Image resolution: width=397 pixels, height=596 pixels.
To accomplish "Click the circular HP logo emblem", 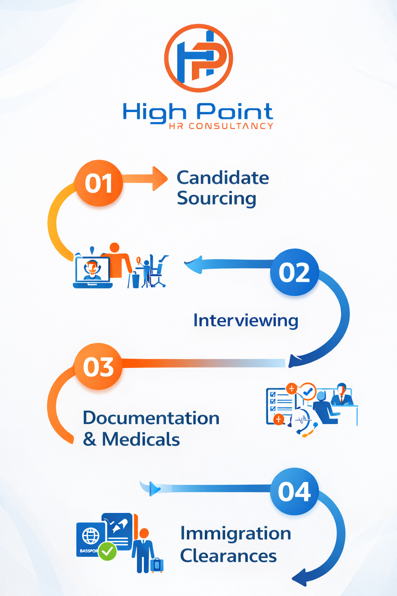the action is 198,58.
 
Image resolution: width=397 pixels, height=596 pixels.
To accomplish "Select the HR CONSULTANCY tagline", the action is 221,126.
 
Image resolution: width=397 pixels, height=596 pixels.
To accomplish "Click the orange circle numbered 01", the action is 98,183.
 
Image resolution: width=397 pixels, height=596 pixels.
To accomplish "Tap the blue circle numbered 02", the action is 294,272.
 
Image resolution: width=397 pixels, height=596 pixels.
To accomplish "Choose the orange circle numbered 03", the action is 98,366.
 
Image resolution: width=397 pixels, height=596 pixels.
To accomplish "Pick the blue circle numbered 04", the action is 294,492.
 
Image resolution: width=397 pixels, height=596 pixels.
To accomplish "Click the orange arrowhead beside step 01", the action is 160,179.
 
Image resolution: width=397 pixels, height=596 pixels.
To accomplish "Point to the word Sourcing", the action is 216,199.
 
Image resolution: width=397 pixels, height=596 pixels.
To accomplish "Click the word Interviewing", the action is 246,321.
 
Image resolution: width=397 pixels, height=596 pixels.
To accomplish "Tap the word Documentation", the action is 151,418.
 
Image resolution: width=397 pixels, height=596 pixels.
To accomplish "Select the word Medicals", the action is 141,439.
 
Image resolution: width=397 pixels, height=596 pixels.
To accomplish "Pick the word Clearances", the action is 228,556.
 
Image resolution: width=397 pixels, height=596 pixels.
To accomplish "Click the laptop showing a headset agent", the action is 93,272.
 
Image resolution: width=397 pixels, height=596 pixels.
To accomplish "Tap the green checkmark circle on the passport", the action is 107,551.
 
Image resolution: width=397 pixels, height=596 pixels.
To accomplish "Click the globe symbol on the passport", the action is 91,536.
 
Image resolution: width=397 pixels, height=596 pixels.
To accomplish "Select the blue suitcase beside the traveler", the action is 157,565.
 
